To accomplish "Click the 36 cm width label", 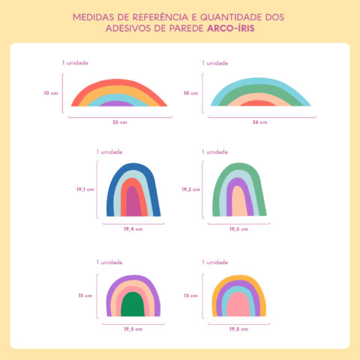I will pyautogui.click(x=259, y=121).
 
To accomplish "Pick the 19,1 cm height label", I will pyautogui.click(x=85, y=190).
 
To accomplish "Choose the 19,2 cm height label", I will pyautogui.click(x=190, y=190).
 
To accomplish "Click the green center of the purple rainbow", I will pyautogui.click(x=133, y=304).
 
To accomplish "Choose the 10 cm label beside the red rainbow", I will pyautogui.click(x=50, y=93).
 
